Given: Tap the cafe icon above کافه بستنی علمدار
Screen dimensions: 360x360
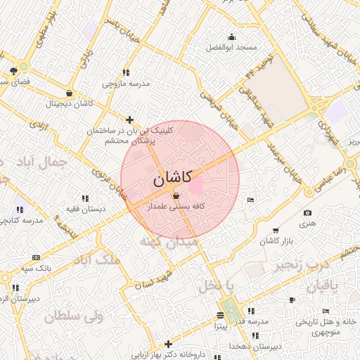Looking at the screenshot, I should click(x=175, y=195).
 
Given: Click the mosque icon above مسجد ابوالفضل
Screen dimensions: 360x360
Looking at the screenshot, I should click(x=232, y=37).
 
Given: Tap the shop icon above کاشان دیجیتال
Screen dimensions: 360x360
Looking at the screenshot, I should click(x=69, y=93).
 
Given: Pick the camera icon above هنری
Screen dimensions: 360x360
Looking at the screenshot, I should click(x=307, y=213).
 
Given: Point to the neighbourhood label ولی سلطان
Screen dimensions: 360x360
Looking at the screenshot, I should click(x=75, y=316).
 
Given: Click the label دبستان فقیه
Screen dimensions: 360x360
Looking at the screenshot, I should click(x=86, y=210).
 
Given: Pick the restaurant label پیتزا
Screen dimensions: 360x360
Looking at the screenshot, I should click(x=219, y=326).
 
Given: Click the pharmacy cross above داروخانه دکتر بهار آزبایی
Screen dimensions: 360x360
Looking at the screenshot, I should click(x=168, y=344).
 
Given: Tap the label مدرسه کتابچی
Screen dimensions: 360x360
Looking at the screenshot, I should click(x=22, y=220).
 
